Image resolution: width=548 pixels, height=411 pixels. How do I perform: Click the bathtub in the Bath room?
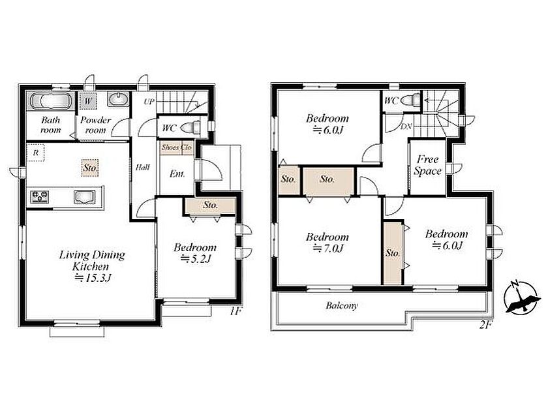51,101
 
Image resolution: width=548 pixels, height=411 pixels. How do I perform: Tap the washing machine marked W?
88,101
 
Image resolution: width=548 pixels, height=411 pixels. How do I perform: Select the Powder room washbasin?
119,99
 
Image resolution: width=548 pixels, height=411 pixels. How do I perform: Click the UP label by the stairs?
149,102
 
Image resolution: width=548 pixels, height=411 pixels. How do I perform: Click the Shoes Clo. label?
177,147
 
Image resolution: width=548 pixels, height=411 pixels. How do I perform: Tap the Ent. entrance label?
177,174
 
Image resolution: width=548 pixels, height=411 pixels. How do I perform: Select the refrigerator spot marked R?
36,153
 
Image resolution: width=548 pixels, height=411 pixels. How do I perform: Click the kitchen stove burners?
39,197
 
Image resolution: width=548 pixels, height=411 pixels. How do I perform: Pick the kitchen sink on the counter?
85,197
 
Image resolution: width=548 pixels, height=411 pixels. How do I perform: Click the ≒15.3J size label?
93,278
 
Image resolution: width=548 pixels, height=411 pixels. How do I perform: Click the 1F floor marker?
236,311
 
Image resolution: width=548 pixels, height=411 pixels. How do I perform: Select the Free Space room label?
428,165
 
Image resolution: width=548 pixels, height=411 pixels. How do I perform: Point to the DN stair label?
406,127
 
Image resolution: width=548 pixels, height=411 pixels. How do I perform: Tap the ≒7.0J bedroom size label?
327,249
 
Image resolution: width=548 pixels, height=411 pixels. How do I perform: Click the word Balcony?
342,306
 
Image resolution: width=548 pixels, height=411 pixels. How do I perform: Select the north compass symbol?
521,296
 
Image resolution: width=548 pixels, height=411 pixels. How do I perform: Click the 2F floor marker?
486,325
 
